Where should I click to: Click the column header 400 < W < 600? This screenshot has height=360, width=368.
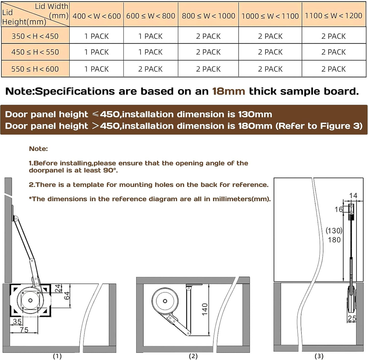[x=96, y=16]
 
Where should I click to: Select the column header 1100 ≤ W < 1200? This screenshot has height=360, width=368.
[x=333, y=16]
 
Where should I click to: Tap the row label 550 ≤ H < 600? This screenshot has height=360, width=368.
[x=35, y=69]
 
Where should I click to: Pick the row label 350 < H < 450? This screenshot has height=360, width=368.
[x=35, y=36]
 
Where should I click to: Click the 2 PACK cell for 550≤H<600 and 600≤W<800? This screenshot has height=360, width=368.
[x=151, y=69]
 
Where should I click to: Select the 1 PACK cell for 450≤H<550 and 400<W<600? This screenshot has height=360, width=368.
[x=96, y=52]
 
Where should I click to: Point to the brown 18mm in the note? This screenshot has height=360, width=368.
[x=229, y=91]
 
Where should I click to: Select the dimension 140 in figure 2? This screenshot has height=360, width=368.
[x=205, y=309]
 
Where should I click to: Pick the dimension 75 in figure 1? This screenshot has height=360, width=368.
[x=24, y=330]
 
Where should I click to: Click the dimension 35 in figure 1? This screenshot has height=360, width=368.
[x=17, y=321]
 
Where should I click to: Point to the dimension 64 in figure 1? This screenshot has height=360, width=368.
[x=67, y=295]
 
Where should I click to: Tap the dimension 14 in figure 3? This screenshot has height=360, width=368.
[x=353, y=196]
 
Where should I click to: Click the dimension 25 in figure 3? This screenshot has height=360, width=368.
[x=352, y=318]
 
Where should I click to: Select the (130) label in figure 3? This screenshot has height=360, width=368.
[x=334, y=231]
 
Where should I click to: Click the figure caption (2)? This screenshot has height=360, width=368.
[x=193, y=356]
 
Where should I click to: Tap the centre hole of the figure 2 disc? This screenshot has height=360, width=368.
[x=165, y=301]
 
